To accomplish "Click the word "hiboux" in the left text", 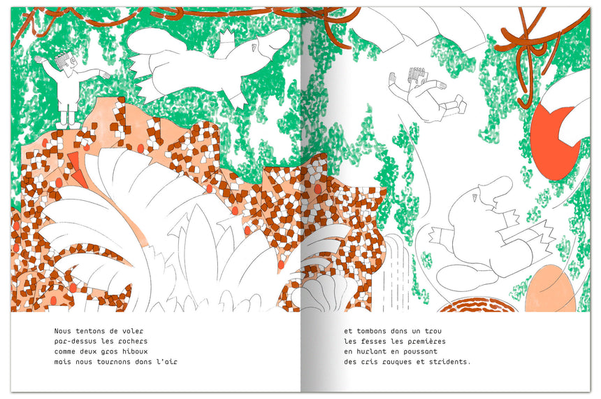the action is tap(135, 351).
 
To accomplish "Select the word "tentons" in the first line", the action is tap(90, 331).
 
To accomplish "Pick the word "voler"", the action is tap(133, 331).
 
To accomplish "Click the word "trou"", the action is tap(433, 331).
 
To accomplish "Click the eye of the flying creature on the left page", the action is tap(254, 48).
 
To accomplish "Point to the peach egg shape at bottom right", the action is tap(551, 289).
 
